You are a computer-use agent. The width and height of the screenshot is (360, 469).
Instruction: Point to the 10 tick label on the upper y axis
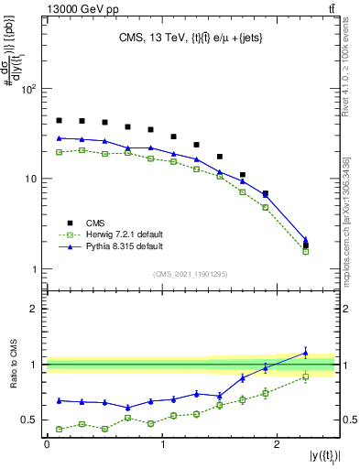click(x=29, y=180)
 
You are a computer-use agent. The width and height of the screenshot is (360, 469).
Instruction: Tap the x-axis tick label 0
click(x=47, y=443)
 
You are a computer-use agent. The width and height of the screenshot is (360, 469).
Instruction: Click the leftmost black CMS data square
click(x=59, y=120)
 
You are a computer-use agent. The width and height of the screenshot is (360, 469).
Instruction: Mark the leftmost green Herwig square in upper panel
click(x=59, y=152)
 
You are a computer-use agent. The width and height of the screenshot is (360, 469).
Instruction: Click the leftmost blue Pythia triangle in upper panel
click(x=59, y=137)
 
